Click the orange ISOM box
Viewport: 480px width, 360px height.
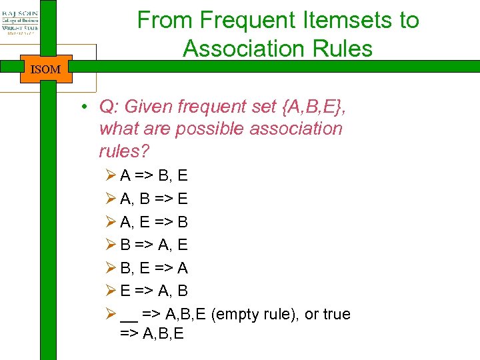[x=45, y=69]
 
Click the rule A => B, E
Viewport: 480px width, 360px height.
[x=154, y=176]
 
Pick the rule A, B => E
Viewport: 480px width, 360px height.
[x=154, y=199]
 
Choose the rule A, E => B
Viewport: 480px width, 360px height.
[x=154, y=222]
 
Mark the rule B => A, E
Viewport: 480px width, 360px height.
[x=154, y=245]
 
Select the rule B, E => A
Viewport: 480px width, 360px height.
[x=154, y=268]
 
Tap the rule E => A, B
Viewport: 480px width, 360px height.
[x=154, y=291]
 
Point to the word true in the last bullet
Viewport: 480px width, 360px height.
[x=337, y=314]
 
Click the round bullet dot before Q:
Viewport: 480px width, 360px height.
[x=86, y=107]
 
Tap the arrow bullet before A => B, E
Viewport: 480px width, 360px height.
[x=111, y=176]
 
